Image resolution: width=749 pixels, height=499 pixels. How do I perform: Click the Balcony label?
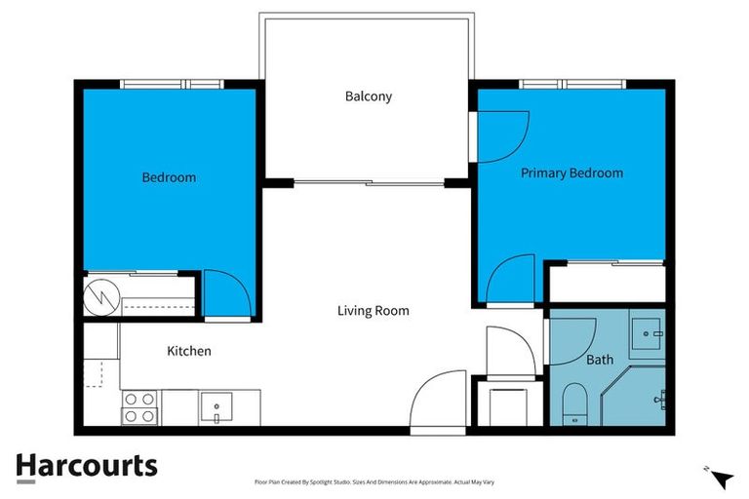click(369, 96)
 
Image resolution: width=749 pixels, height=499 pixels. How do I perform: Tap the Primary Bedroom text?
click(572, 173)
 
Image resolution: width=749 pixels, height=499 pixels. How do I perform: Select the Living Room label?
click(373, 311)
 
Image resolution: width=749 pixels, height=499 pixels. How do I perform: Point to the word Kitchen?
click(189, 351)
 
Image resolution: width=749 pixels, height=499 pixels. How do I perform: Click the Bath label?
click(600, 360)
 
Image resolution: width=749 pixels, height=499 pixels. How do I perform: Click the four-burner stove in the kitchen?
click(139, 406)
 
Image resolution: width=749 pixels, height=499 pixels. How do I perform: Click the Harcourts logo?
click(86, 466)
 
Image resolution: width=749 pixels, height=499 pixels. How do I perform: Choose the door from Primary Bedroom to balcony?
click(502, 136)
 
